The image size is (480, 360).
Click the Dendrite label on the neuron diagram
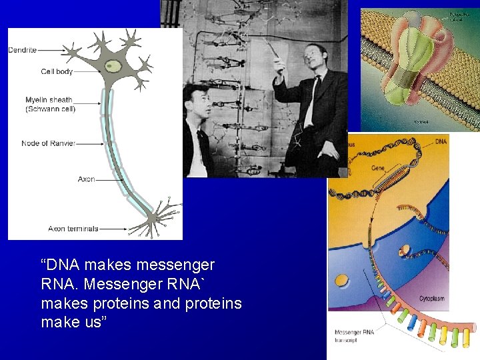22,50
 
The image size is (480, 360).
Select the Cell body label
57,71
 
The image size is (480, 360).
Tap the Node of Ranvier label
48,143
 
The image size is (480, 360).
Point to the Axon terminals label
73,229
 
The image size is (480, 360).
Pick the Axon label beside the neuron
86,179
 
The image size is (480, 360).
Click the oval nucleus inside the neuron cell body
114,66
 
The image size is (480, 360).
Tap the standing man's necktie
311,100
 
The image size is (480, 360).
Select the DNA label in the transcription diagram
441,142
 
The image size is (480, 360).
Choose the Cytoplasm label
431,298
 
